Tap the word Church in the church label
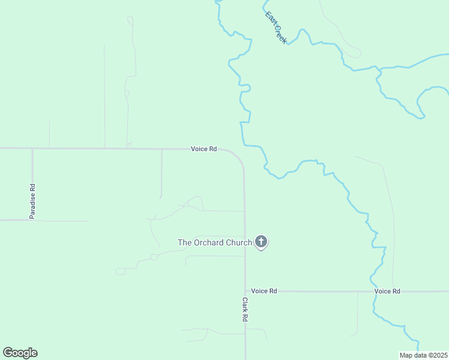(x=238, y=242)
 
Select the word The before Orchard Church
(x=184, y=242)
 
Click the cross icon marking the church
(x=261, y=241)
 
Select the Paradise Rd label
(x=33, y=201)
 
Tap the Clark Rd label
(x=245, y=310)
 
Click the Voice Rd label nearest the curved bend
(x=203, y=149)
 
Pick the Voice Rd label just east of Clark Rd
(x=264, y=291)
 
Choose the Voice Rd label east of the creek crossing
(x=387, y=291)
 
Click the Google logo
(x=20, y=353)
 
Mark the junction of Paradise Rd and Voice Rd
(x=32, y=148)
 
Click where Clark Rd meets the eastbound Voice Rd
(x=245, y=292)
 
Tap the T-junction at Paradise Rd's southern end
(x=32, y=220)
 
